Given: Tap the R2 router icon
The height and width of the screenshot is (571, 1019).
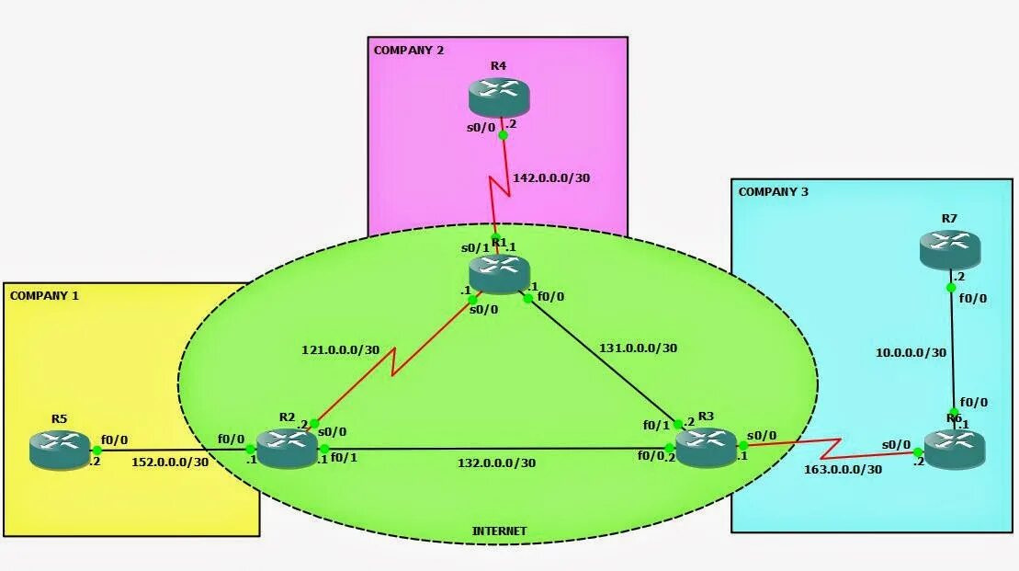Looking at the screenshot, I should (287, 448).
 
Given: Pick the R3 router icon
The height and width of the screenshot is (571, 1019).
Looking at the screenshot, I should (706, 446).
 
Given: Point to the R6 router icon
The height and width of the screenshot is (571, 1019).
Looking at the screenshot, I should (954, 448).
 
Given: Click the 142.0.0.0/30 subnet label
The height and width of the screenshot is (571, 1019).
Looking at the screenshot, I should (550, 178).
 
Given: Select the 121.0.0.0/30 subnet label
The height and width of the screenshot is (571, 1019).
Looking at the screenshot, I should (341, 349).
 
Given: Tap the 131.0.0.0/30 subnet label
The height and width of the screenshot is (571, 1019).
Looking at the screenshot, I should (639, 348).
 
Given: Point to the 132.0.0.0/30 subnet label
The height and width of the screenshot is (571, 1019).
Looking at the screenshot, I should (496, 463).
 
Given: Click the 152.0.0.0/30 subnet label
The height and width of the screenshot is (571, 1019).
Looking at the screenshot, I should (170, 462).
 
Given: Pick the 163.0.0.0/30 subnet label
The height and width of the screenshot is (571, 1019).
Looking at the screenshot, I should (843, 469).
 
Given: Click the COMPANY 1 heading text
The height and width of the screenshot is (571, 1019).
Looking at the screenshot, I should (44, 296).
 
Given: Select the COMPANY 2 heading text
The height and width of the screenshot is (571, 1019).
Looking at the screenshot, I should (409, 51).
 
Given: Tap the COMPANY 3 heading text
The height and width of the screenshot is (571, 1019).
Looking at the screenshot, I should (774, 192).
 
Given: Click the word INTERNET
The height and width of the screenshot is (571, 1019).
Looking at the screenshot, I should (500, 531).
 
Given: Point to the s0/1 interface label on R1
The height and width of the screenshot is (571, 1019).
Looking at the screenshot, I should (474, 249).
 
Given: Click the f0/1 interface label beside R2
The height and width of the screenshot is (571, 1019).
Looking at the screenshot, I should (345, 458).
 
